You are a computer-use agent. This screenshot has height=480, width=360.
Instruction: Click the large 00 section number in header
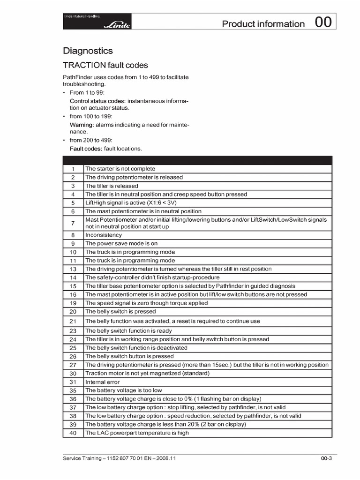tap(323, 23)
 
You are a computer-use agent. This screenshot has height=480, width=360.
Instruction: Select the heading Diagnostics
tap(88, 51)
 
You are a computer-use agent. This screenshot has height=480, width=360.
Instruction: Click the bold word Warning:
tap(82, 125)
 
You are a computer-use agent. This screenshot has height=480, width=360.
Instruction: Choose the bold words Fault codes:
tap(86, 149)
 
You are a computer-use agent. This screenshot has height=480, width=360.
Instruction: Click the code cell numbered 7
tap(73, 223)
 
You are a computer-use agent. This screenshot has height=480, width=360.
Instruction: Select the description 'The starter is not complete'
tap(120, 169)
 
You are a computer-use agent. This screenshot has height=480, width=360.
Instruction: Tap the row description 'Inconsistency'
tap(103, 235)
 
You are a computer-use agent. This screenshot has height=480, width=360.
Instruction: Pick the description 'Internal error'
tap(102, 382)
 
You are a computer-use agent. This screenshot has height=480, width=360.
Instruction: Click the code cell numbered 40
tap(73, 433)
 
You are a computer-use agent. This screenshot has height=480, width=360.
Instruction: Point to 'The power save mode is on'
tap(121, 243)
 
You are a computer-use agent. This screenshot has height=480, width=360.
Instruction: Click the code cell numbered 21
tap(73, 321)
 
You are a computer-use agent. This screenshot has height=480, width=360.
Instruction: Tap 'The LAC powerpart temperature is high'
tap(137, 433)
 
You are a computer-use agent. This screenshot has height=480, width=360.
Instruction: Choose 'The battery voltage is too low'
tap(123, 390)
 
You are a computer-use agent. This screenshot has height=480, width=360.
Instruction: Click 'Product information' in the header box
tap(263, 24)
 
